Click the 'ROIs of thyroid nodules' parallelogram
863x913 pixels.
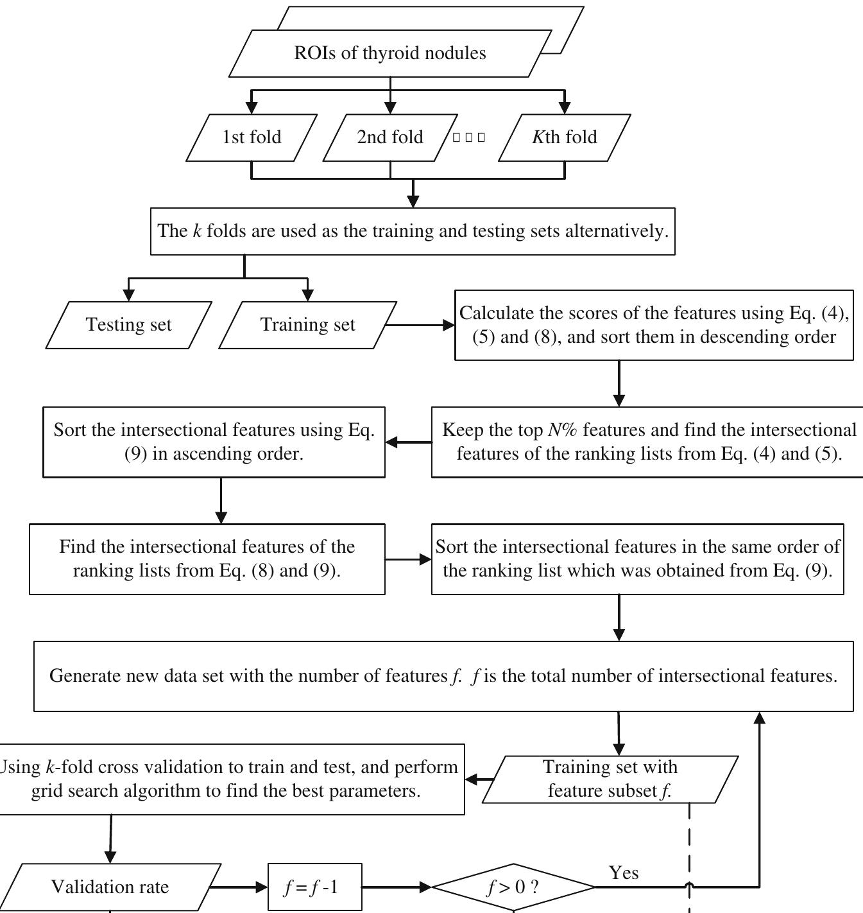click(x=390, y=53)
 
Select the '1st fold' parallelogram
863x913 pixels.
click(x=252, y=137)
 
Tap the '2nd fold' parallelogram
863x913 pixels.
click(x=390, y=137)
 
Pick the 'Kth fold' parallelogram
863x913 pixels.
click(x=565, y=137)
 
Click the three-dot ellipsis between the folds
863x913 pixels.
click(x=469, y=137)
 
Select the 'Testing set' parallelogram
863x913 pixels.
click(x=129, y=325)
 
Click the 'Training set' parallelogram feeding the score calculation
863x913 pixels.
click(x=308, y=325)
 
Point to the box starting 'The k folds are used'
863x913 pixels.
click(x=413, y=231)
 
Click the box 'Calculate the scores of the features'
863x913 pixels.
click(x=654, y=325)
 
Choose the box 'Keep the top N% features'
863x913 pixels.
click(x=648, y=442)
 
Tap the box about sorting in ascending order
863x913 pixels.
click(x=214, y=442)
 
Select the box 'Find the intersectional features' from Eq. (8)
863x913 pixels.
click(x=207, y=559)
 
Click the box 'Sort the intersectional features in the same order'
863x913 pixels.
click(x=637, y=559)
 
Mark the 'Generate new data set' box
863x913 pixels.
click(x=443, y=676)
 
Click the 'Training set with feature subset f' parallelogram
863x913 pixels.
click(x=610, y=779)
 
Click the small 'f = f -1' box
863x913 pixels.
click(x=315, y=887)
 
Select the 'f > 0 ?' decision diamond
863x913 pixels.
click(x=513, y=887)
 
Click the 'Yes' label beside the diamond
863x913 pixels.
click(x=624, y=873)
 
